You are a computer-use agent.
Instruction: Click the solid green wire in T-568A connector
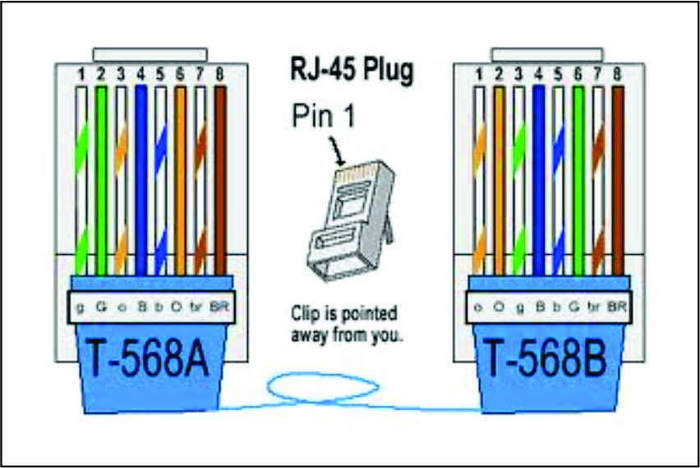point(101,181)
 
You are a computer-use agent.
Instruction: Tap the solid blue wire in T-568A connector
point(140,181)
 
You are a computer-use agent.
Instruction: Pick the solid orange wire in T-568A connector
point(180,181)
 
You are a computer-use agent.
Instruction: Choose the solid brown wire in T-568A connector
point(219,181)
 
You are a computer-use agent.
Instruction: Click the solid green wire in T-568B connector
point(578,181)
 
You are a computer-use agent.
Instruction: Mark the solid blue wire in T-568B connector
point(539,181)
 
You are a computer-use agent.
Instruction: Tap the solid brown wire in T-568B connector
point(618,181)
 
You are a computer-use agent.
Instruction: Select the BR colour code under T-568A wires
point(219,307)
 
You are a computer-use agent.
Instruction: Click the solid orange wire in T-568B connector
point(500,181)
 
